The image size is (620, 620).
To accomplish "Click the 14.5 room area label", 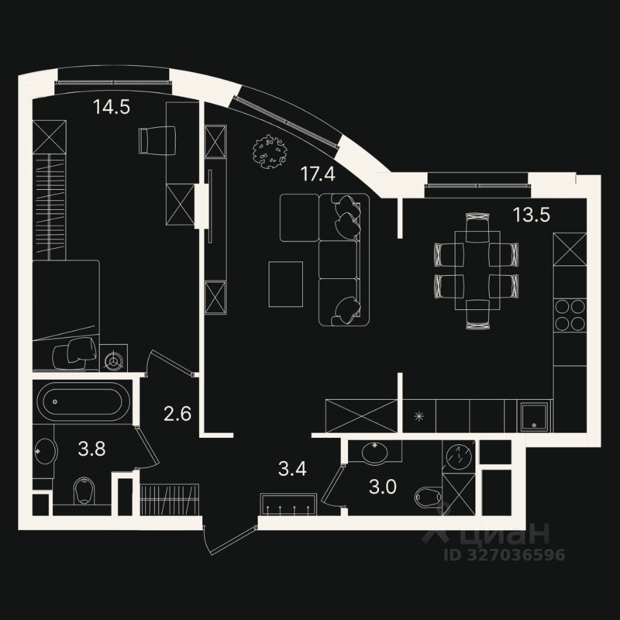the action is coord(112,107).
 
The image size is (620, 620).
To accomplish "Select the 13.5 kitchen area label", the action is coord(531,214).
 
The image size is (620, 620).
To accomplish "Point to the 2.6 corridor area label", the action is coord(177,413).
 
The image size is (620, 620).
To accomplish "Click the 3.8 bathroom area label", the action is coord(92,448).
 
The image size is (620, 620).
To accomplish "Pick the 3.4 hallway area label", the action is coord(292,468).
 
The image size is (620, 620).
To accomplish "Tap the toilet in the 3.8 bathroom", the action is coord(84,490).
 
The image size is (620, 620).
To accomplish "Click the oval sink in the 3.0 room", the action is coord(375,452).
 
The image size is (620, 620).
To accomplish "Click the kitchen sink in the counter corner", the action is coord(535,415).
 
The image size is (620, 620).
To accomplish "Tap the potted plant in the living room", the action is coord(269,151).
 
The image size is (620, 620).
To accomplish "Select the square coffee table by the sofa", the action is coord(285,284).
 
